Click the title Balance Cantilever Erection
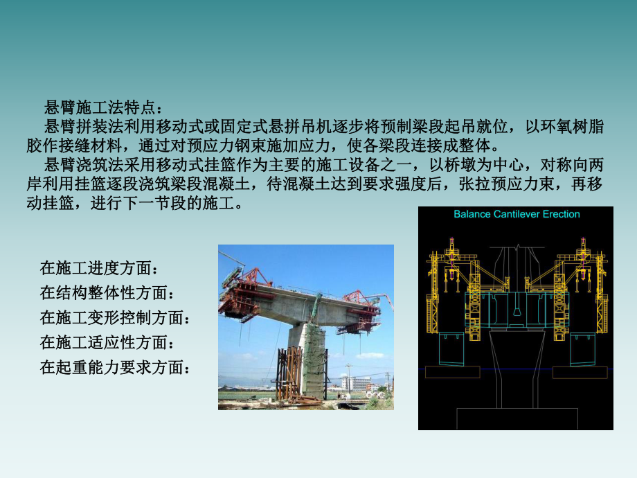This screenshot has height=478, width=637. click(x=517, y=214)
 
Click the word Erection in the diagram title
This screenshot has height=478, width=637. click(x=562, y=214)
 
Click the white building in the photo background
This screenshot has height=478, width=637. click(x=356, y=383)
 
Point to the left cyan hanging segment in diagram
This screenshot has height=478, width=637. click(x=451, y=348)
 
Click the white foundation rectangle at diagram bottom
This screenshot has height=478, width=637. click(x=517, y=418)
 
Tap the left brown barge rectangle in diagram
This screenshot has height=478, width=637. click(x=453, y=372)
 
